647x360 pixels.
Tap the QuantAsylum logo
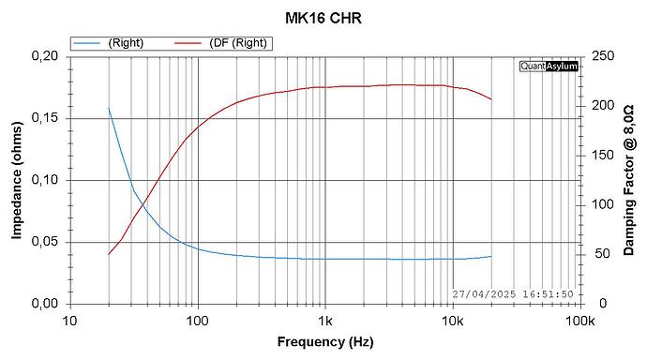(549, 67)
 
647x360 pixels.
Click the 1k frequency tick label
(324, 321)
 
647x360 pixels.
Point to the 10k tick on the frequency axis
(452, 321)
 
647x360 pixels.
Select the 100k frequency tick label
(579, 321)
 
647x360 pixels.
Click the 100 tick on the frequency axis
(197, 321)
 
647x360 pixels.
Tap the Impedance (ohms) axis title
(16, 179)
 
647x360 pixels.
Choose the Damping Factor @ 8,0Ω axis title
(629, 179)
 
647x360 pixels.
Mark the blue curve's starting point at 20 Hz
(109, 109)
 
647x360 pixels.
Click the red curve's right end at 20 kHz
(490, 99)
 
